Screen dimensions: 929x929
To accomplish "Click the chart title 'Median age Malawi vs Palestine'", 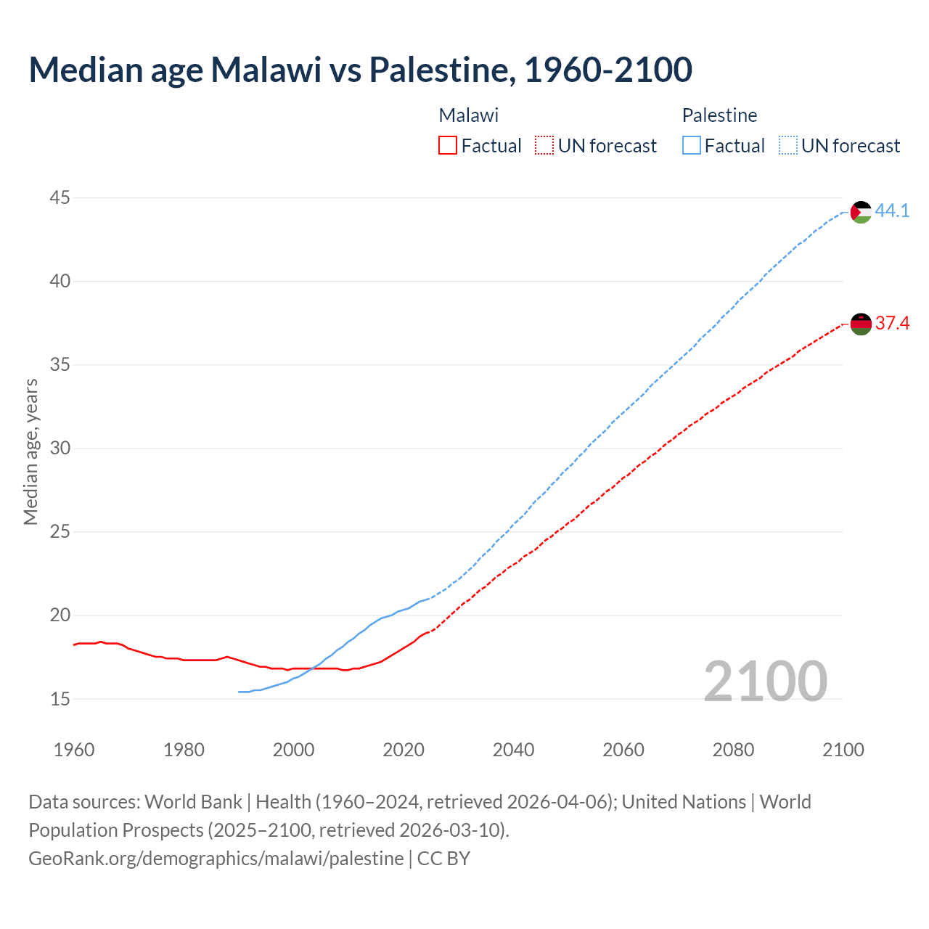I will coord(360,70).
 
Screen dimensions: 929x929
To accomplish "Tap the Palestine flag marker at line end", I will coord(861,212).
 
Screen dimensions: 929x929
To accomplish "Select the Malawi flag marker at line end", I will coord(861,324).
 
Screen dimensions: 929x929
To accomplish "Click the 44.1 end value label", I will coord(892,210).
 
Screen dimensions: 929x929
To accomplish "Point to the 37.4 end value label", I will coord(892,323).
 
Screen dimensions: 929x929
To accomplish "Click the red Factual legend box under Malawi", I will coord(448,146).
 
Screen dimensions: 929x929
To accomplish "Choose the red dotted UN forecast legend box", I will coord(544,146).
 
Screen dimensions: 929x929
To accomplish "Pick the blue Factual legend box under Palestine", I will coord(692,146).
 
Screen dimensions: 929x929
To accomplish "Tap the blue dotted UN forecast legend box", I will coord(788,146).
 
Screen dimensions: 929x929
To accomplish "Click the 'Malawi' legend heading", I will coord(469,115).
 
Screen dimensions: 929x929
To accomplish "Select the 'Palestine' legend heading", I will coord(719,115).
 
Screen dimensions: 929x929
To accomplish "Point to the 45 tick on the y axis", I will coord(60,197).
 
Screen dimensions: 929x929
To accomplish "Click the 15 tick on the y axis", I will coord(60,699).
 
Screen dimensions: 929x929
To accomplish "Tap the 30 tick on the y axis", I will coord(60,448).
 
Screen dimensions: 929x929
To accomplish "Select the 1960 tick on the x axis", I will coord(74,750).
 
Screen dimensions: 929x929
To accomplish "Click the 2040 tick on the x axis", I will coord(513,750).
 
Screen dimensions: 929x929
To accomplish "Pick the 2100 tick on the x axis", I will coord(843,750).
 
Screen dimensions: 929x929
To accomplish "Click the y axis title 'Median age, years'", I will coord(30,451).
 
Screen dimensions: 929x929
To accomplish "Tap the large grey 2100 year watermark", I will coord(765,681).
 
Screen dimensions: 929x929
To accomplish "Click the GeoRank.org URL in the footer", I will coord(216,858).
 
